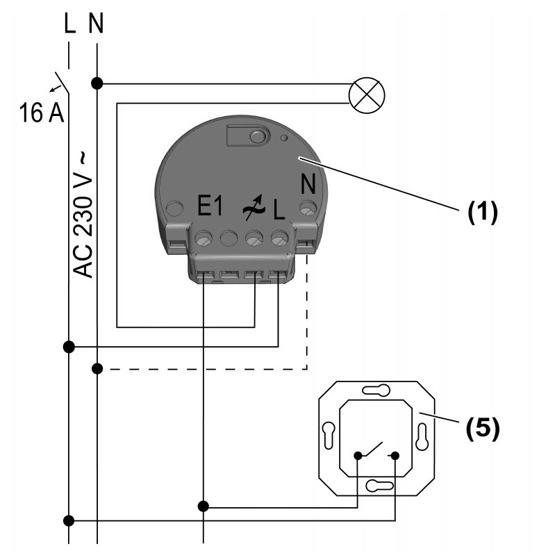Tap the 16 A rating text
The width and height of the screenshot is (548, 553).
[x=41, y=111]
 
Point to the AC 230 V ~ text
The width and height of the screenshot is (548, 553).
[x=83, y=216]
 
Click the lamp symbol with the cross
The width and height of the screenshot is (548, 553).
[x=366, y=94]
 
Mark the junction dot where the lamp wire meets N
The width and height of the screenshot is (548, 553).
[x=97, y=83]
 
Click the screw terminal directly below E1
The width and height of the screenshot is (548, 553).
[x=203, y=239]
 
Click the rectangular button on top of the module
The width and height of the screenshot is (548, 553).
[x=249, y=135]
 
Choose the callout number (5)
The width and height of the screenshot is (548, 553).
[x=482, y=428]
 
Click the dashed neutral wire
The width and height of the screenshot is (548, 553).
[x=208, y=369]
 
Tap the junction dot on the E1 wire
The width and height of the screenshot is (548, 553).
[x=203, y=506]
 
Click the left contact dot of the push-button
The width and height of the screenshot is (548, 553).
[x=358, y=456]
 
